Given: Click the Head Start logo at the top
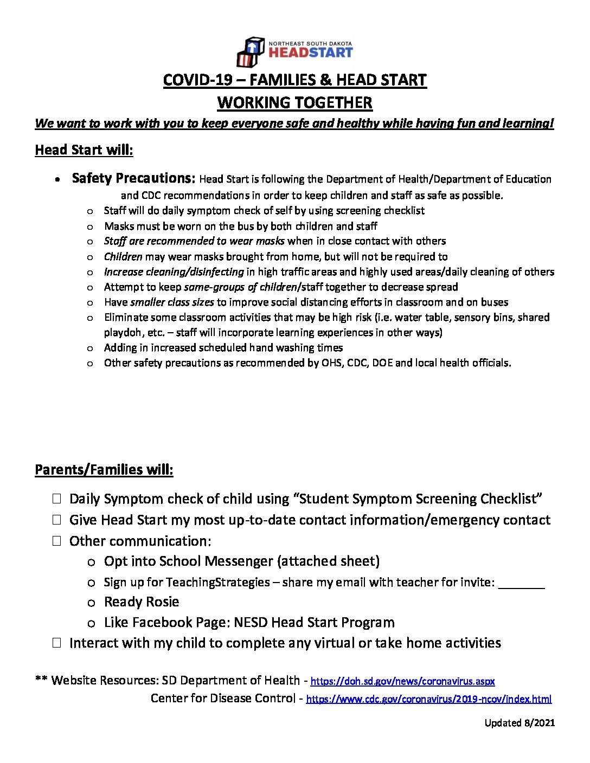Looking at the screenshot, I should (294, 51).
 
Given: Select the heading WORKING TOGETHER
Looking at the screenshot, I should (294, 102).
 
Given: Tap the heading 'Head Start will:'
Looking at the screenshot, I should (84, 150).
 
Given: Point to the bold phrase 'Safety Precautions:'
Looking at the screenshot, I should (133, 178).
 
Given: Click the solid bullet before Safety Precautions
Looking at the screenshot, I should (57, 179).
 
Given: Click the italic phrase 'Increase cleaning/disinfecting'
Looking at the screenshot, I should (174, 272).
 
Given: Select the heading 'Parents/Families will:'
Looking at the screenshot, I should (104, 470).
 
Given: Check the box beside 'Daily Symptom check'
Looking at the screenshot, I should (57, 499).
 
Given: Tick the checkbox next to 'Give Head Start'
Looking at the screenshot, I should (57, 520).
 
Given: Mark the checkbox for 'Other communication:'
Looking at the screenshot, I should (57, 540).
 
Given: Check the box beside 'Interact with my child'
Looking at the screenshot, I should (57, 643).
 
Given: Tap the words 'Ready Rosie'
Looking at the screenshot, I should (142, 602).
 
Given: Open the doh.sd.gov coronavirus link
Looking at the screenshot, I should (402, 682).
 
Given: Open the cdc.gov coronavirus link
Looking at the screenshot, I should (428, 700).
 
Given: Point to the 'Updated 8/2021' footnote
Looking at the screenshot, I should (520, 723).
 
